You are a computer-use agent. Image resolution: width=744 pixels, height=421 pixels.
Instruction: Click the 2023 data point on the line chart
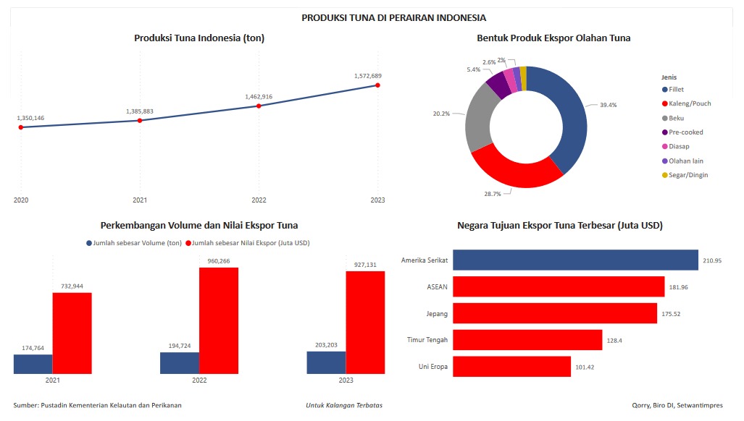click(377, 85)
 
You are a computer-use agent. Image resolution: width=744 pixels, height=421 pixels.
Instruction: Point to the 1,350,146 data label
click(30, 117)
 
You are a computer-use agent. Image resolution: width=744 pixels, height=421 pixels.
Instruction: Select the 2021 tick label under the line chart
click(140, 200)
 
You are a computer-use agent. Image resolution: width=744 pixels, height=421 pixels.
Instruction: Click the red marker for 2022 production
click(259, 106)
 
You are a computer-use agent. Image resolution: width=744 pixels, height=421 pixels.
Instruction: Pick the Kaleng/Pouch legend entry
click(689, 103)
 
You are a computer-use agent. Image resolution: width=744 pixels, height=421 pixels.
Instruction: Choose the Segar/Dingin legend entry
click(687, 175)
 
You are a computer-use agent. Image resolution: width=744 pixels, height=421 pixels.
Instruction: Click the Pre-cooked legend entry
click(685, 132)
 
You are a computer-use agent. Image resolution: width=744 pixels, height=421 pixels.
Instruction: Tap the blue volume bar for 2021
click(33, 364)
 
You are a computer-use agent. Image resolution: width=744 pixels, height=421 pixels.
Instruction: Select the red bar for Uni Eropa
click(511, 367)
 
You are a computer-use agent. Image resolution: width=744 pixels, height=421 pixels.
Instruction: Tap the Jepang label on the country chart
click(437, 313)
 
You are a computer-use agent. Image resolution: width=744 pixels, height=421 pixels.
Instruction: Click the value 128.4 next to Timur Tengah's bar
click(614, 340)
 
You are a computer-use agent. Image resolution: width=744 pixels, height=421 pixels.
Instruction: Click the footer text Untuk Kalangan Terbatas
click(344, 405)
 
